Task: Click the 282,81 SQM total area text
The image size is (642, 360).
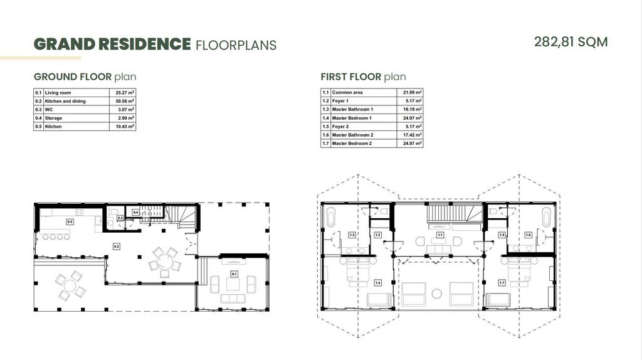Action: (571, 42)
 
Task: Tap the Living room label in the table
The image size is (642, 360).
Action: (58, 93)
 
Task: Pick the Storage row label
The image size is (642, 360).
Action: (53, 118)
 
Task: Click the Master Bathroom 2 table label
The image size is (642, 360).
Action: (352, 135)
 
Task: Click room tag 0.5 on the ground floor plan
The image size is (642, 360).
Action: (70, 222)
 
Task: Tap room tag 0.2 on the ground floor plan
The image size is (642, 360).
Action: (117, 246)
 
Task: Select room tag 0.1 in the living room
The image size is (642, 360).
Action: (234, 274)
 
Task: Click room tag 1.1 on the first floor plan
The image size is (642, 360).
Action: (440, 235)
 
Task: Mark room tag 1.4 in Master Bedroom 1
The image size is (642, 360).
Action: (377, 283)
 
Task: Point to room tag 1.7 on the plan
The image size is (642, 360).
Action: (502, 283)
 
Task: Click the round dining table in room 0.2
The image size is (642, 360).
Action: (165, 260)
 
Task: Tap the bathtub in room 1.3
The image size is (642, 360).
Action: (330, 217)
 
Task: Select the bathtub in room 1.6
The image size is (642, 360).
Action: (547, 217)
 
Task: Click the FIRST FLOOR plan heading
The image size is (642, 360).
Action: (363, 77)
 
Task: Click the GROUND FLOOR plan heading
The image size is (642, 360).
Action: (85, 77)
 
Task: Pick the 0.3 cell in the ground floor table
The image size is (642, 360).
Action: (38, 110)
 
